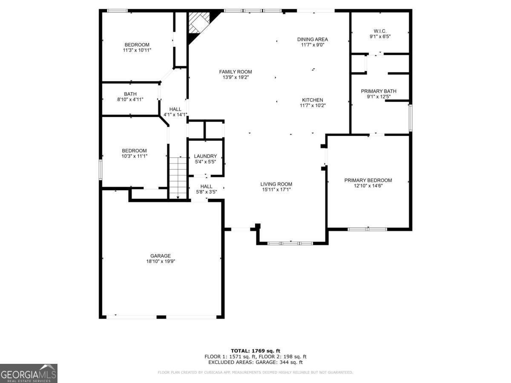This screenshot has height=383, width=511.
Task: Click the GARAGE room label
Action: [x=161, y=256]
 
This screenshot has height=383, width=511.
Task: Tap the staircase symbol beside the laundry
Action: [x=178, y=177]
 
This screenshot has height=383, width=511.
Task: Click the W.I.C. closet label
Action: [x=379, y=31]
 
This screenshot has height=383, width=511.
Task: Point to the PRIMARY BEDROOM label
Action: [x=368, y=180]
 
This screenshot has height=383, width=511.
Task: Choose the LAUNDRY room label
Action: [x=205, y=156]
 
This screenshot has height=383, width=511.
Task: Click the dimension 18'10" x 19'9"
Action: [x=161, y=262]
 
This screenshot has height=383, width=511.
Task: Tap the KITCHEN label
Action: [x=313, y=100]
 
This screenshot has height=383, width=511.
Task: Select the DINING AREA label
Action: [x=312, y=39]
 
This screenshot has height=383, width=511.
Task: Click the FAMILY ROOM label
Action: [x=235, y=71]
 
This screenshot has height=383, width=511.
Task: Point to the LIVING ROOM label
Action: [x=276, y=184]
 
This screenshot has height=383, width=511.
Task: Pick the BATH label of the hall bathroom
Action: [x=130, y=94]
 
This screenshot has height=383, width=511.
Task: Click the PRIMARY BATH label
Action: [x=379, y=91]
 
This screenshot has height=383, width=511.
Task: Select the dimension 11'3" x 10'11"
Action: [x=137, y=50]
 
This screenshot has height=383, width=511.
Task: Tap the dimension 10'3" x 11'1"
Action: [x=134, y=156]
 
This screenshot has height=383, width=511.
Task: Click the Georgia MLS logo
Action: [x=29, y=373]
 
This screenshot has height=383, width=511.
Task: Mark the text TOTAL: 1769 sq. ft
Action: [x=255, y=351]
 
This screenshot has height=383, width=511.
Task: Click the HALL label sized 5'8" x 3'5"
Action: [x=206, y=186]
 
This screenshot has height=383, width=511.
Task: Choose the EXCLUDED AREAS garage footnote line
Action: [x=255, y=363]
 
